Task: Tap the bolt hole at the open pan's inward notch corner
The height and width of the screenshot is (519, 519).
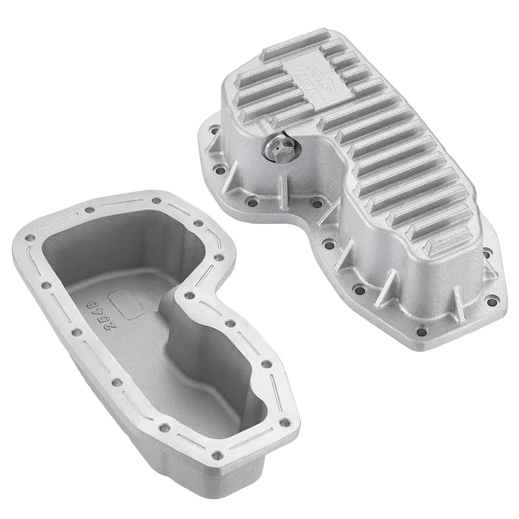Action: coord(190,295)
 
